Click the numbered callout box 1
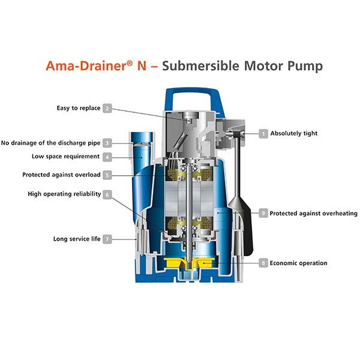[x=263, y=133]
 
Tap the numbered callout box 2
[x=107, y=108]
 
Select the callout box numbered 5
[x=107, y=175]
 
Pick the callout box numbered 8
[x=263, y=263]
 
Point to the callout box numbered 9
[x=263, y=213]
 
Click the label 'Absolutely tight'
[x=294, y=133]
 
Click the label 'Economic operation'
[x=298, y=263]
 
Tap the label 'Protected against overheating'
[x=313, y=213]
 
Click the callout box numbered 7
[x=107, y=239]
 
